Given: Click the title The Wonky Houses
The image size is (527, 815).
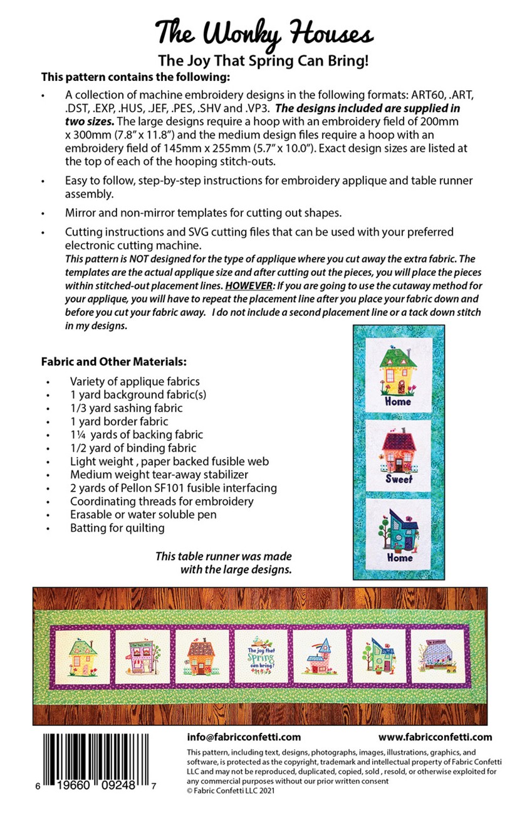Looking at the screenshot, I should (264, 31).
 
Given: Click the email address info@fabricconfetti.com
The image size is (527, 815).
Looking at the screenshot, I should (244, 737).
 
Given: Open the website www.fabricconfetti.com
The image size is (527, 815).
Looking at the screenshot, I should (435, 737).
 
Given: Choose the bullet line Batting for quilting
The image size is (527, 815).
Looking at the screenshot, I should (117, 528).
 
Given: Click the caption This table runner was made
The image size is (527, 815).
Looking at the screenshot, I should (223, 557).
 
